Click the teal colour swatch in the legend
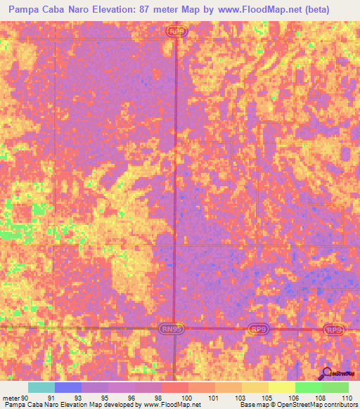point(41,387)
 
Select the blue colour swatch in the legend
point(68,387)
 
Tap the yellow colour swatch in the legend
point(282,387)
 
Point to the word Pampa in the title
point(25,11)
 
